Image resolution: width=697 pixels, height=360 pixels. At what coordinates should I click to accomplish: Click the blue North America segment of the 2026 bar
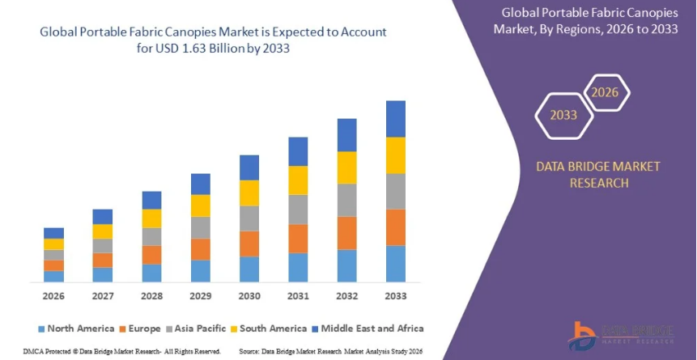[x=53, y=276]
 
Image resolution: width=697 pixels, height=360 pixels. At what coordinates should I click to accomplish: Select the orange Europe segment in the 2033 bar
[x=395, y=227]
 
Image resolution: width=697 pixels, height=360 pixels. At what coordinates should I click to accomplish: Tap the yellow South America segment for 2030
[x=249, y=193]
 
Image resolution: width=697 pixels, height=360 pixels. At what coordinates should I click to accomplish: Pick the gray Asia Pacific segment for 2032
[x=346, y=200]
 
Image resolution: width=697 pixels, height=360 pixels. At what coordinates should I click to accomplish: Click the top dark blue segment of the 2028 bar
[x=151, y=200]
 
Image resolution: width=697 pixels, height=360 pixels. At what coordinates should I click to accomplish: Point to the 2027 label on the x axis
[x=103, y=296]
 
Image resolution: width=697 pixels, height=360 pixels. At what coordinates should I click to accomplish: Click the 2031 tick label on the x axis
[x=298, y=296]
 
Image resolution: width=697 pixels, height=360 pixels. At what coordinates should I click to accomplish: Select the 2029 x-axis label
[x=200, y=296]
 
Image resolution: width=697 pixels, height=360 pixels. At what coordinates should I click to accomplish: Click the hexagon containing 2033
[x=563, y=115]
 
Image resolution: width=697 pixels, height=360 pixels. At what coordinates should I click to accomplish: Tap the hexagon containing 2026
[x=605, y=92]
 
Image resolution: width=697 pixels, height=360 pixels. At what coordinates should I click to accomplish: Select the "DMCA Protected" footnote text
[x=30, y=352]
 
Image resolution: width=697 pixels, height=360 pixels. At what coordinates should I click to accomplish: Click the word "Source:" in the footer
[x=250, y=352]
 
